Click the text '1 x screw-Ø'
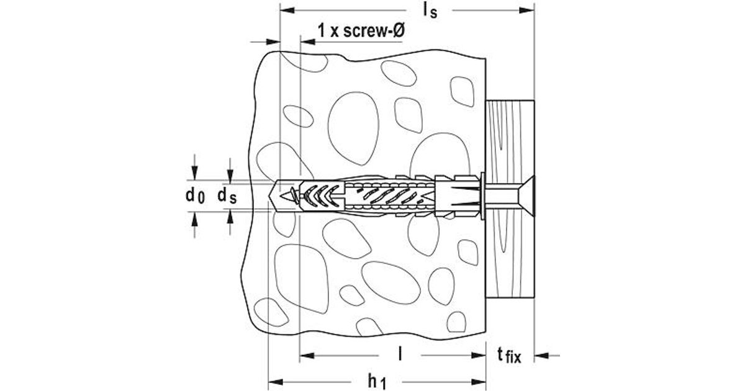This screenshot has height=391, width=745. (x=361, y=30)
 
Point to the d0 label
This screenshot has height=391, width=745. (x=195, y=195)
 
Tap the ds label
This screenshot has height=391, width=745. (x=227, y=195)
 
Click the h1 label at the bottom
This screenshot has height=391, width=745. (x=377, y=381)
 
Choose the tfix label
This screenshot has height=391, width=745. (x=509, y=356)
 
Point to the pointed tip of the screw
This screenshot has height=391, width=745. (x=280, y=196)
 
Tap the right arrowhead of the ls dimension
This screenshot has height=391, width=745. (x=527, y=11)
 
